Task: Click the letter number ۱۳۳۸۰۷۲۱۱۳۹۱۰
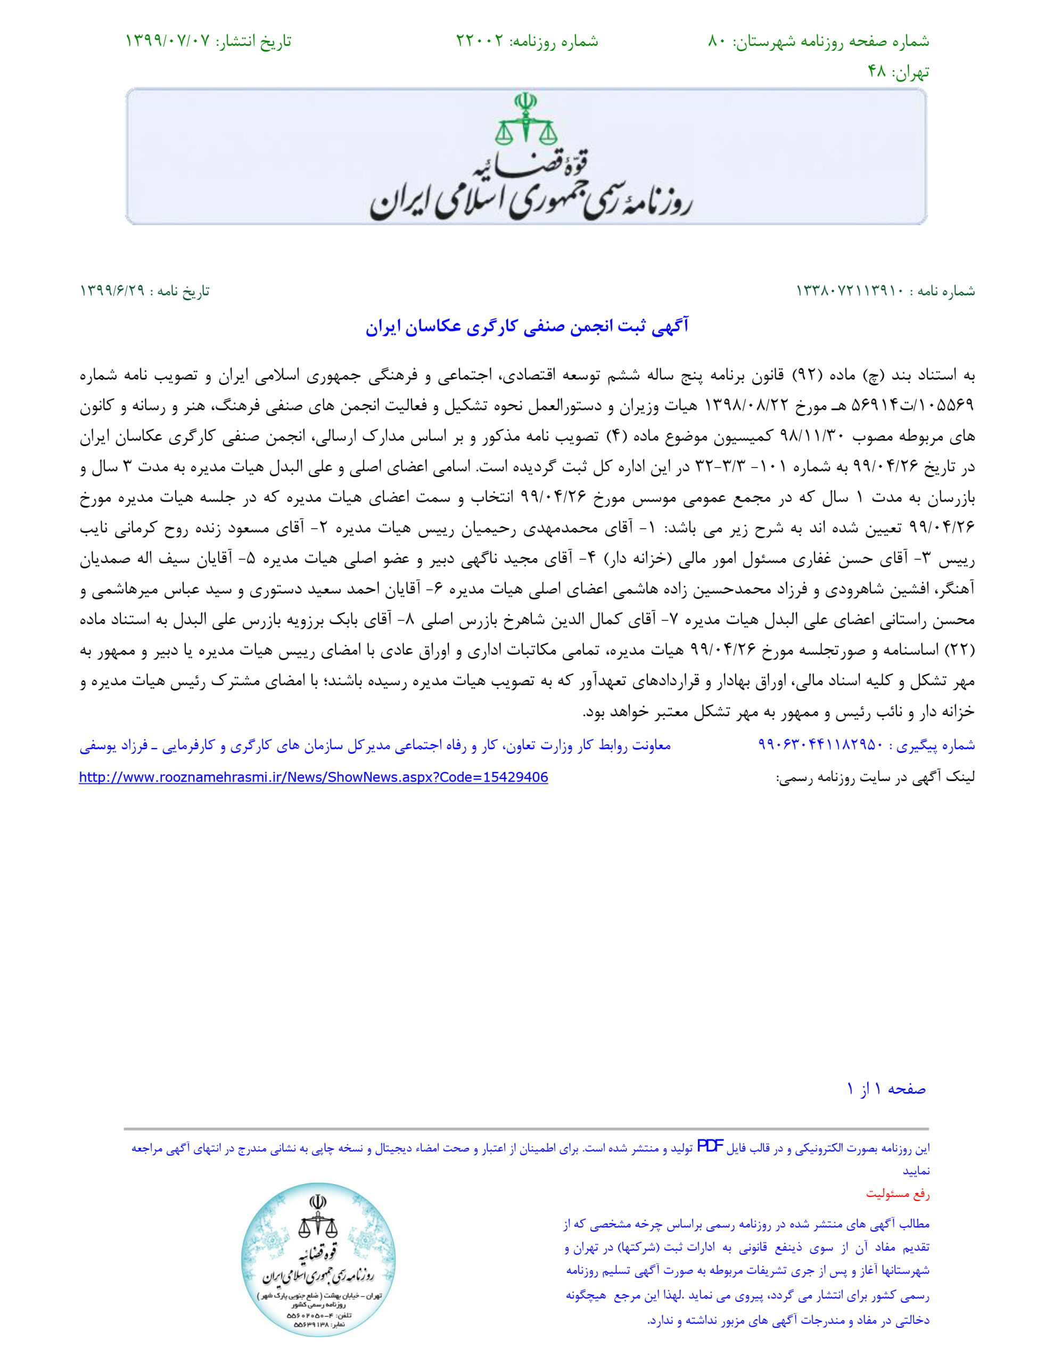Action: [850, 291]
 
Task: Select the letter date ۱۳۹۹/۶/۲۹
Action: [112, 291]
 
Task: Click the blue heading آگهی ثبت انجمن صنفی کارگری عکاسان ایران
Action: [527, 326]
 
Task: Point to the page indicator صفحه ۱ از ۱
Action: [886, 1089]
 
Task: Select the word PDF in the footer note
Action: [710, 1146]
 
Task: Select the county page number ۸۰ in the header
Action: [716, 41]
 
